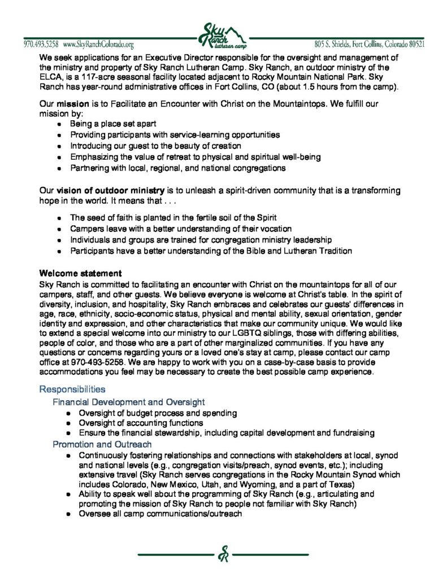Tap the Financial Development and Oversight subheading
[128, 402]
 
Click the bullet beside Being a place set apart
[60, 123]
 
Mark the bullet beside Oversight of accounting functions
[68, 423]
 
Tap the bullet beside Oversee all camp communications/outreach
[68, 514]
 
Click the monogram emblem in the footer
[223, 555]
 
